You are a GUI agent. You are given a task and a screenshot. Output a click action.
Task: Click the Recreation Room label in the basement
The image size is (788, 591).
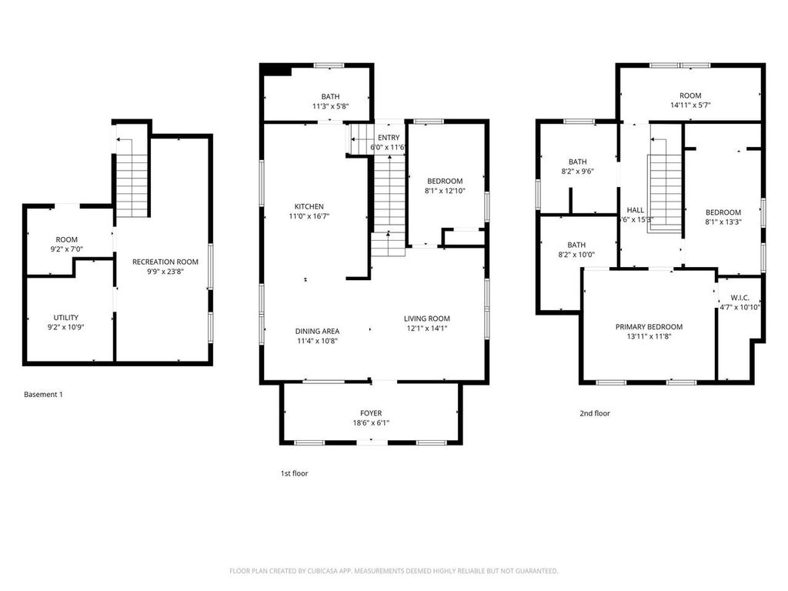165,262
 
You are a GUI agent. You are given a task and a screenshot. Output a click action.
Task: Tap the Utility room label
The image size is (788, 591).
65,317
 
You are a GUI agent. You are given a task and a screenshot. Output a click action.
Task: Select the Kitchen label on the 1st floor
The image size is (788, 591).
309,206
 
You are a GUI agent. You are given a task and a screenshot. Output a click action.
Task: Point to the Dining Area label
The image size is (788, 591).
317,331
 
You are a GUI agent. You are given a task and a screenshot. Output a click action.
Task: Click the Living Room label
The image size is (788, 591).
427,319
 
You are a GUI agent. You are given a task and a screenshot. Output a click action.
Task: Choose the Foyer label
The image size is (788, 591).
371,413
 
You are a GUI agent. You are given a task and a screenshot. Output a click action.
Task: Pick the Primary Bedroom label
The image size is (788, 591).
649,326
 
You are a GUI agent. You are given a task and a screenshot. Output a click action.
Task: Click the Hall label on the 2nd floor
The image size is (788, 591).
636,209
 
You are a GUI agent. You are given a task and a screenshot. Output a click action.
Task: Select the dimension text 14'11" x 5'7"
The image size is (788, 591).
690,105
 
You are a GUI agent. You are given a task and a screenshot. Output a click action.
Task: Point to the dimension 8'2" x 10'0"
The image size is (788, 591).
577,255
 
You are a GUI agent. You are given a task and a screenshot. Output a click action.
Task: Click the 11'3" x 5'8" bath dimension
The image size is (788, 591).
331,107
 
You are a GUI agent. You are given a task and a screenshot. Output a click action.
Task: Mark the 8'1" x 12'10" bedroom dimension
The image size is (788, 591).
445,191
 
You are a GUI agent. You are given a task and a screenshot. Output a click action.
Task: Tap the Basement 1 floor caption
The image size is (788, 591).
43,395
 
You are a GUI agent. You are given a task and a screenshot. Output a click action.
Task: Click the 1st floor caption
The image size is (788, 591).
294,473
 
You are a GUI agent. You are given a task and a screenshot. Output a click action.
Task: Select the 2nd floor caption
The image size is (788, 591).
595,413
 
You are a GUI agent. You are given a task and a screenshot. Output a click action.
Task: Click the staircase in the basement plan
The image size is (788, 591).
132,177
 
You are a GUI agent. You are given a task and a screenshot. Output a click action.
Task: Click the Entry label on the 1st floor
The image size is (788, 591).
389,138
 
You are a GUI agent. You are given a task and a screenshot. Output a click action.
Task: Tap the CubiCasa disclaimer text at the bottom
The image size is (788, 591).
394,571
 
